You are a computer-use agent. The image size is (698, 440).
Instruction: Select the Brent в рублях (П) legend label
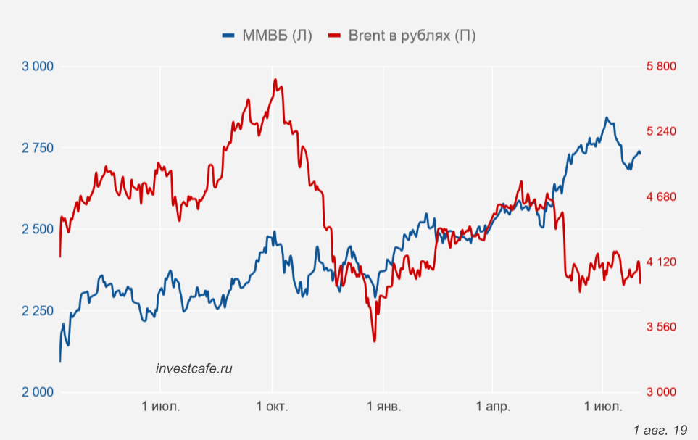pyautogui.click(x=412, y=36)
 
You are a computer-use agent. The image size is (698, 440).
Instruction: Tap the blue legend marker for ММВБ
pyautogui.click(x=228, y=36)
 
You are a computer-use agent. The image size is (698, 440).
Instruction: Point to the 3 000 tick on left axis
pyautogui.click(x=38, y=67)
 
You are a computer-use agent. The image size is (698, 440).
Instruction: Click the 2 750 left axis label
pyautogui.click(x=38, y=148)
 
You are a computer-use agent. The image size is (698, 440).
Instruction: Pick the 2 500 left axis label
pyautogui.click(x=38, y=230)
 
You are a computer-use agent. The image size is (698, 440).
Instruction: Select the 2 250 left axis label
pyautogui.click(x=38, y=311)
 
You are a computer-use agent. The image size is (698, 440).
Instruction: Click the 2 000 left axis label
pyautogui.click(x=38, y=392)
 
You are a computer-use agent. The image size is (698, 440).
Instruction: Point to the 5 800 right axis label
pyautogui.click(x=661, y=67)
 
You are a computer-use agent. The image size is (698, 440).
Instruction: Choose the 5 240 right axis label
pyautogui.click(x=661, y=132)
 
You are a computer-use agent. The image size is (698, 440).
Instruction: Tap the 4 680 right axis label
pyautogui.click(x=661, y=197)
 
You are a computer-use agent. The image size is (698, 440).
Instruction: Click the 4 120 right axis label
pyautogui.click(x=661, y=262)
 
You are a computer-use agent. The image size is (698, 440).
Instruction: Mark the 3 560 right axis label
pyautogui.click(x=661, y=327)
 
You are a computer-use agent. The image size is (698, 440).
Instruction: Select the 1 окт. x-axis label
pyautogui.click(x=273, y=407)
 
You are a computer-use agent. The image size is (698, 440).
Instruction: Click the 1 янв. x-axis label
pyautogui.click(x=383, y=407)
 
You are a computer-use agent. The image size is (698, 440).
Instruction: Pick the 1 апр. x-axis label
pyautogui.click(x=492, y=407)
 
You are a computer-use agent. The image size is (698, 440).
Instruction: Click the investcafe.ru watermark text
pyautogui.click(x=194, y=368)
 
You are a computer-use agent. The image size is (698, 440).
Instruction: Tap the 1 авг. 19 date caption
pyautogui.click(x=660, y=431)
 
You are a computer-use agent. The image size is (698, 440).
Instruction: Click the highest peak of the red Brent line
pyautogui.click(x=275, y=79)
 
